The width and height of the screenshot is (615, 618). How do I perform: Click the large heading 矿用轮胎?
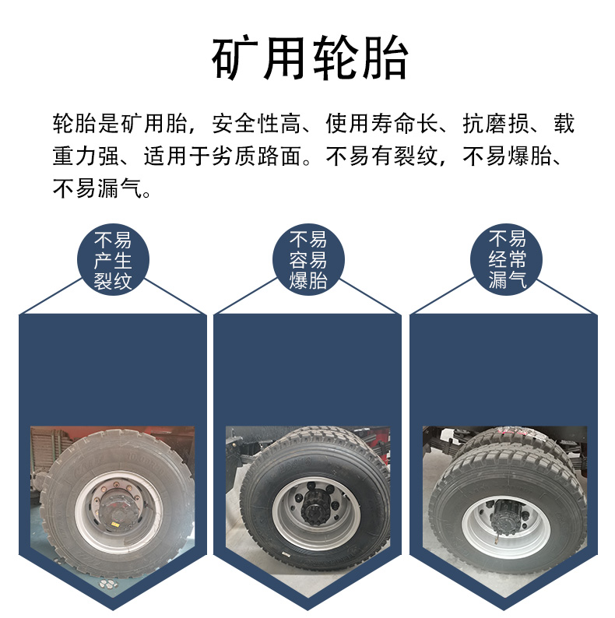pos(310,58)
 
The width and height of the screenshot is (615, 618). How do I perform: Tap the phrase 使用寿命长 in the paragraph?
pos(381,123)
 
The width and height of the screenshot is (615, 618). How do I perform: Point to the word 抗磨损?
pos(496,123)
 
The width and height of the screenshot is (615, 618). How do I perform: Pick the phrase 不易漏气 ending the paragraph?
pos(97,188)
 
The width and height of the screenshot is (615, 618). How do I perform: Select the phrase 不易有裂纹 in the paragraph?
pos(381,156)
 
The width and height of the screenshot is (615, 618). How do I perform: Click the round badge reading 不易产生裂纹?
pos(113,260)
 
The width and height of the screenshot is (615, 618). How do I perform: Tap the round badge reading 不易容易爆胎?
pos(309,260)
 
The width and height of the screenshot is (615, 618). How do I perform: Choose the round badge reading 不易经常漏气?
pos(507,260)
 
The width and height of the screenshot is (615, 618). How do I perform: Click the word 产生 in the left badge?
pos(113,261)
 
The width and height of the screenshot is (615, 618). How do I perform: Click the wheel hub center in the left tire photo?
pos(117,511)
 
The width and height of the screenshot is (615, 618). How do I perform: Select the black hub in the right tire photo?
pos(508,513)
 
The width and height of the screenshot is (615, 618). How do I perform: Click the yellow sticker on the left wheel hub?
pos(115,525)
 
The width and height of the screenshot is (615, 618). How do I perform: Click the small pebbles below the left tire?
pos(107,582)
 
